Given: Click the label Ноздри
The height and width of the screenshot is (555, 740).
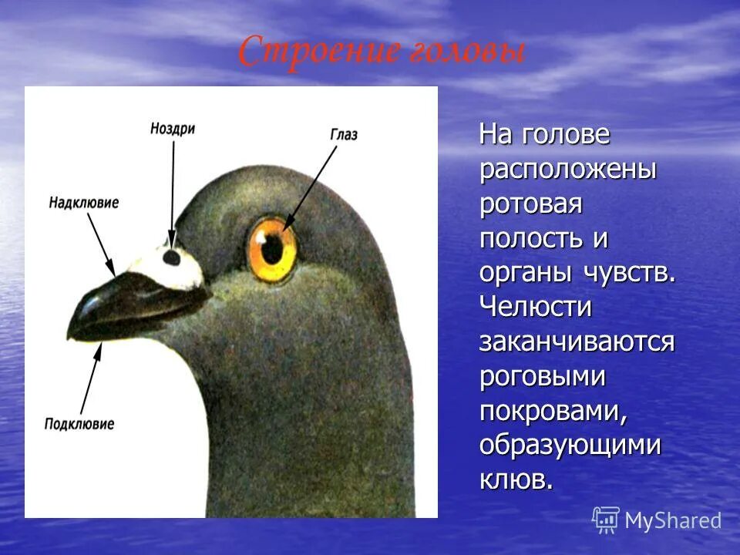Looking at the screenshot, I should click(173, 129).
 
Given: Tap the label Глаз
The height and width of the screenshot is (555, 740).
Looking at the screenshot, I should click(344, 135).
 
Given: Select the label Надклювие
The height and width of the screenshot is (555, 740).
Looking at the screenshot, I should click(83, 203).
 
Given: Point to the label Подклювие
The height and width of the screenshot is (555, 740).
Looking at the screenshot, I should click(79, 424).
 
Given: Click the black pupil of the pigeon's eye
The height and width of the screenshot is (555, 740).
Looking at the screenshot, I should click(273, 249).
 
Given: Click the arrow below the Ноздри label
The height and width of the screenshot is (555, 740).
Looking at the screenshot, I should click(173, 193).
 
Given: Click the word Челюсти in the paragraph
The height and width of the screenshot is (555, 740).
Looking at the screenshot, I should click(536, 307).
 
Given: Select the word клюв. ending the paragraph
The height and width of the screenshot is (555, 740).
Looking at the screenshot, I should click(516, 479).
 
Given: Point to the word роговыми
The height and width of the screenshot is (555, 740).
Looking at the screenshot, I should click(542, 376).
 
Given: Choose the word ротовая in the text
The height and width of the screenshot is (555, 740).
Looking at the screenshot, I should click(530, 204).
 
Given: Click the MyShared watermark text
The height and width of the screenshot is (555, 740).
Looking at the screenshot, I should click(673, 521).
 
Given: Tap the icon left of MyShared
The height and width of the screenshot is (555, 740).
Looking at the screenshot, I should click(606, 520).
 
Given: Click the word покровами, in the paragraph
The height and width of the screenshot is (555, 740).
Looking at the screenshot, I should click(553, 411).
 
